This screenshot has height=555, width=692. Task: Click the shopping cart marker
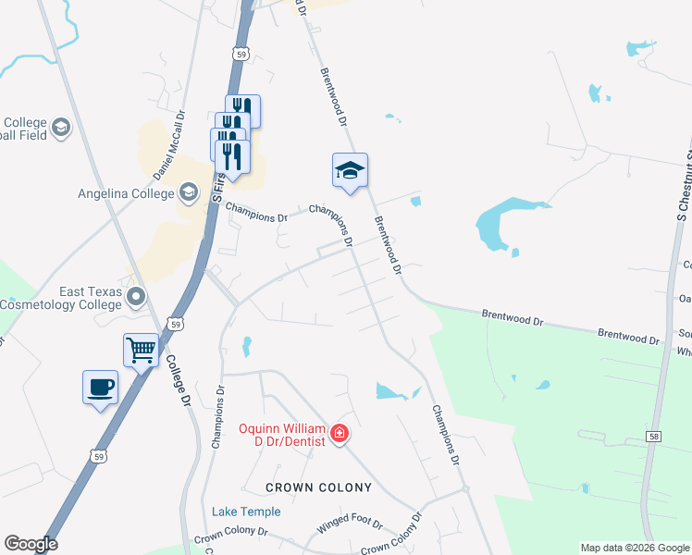(x=141, y=351)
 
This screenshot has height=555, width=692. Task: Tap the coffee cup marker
(x=100, y=388)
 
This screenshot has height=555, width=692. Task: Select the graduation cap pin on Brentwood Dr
(x=350, y=171)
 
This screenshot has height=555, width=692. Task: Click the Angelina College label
(x=127, y=193)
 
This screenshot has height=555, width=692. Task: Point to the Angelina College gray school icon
(x=188, y=192)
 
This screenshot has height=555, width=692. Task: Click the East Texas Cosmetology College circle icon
(x=137, y=297)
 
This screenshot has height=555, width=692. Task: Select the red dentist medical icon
(x=340, y=433)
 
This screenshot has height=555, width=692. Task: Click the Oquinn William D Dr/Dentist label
(x=281, y=434)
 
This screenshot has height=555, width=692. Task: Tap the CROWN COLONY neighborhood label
(x=318, y=487)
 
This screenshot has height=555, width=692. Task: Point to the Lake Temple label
(x=246, y=512)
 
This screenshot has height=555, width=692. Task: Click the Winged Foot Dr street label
(x=350, y=524)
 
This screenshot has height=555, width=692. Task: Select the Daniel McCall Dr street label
(x=169, y=145)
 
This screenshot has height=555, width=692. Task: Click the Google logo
(x=31, y=544)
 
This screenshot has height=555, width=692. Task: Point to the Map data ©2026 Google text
(x=635, y=548)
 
